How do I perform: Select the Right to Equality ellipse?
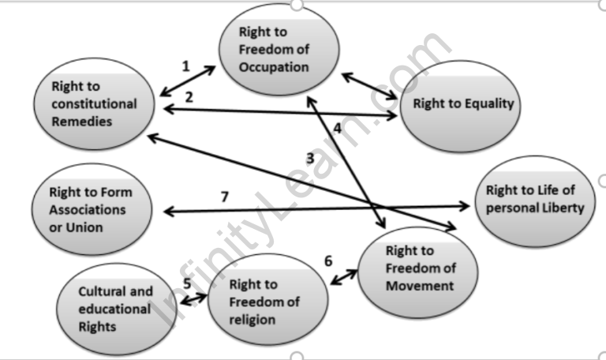462,104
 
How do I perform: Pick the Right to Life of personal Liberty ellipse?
535,199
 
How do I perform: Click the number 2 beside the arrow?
189,97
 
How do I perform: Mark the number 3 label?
310,159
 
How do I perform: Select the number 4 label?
337,128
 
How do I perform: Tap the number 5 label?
187,285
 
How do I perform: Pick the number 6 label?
328,261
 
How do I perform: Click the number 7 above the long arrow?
225,197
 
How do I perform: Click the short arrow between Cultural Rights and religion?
193,298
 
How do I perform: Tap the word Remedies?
82,122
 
